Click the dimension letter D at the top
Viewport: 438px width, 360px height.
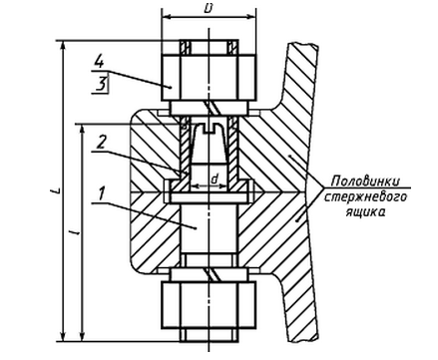(209, 9)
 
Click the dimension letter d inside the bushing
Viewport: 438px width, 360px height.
(216, 179)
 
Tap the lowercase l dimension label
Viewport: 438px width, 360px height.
(77, 231)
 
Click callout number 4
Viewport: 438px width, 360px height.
(99, 62)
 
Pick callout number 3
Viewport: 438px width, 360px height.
(101, 85)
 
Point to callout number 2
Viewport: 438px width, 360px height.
(102, 143)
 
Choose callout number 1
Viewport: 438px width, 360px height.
(102, 193)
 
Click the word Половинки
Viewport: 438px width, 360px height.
(365, 181)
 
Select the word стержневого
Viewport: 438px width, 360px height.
(365, 196)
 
